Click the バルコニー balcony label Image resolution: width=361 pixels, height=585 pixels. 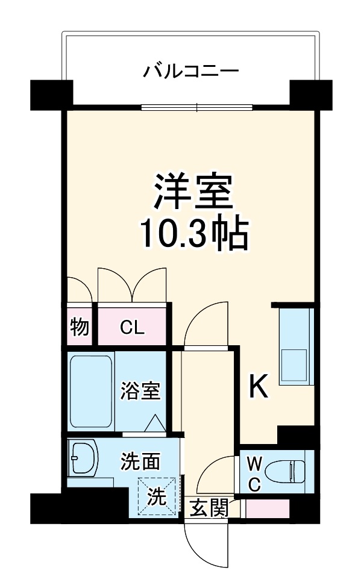coord(190,72)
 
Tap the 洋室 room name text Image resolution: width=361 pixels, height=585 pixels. coord(192,192)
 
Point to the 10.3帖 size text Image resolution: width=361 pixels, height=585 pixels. coord(194,234)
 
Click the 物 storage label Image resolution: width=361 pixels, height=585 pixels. coord(79,328)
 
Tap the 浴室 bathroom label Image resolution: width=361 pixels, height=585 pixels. coord(141,391)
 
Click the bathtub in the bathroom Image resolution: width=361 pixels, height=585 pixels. coord(91,391)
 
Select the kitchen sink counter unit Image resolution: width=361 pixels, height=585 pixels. coord(295,346)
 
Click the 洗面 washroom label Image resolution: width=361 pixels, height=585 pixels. coord(140,461)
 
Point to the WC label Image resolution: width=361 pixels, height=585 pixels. coord(254,475)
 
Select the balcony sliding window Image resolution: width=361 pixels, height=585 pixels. coord(197,108)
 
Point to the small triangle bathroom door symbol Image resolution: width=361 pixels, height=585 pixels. coord(153,423)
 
